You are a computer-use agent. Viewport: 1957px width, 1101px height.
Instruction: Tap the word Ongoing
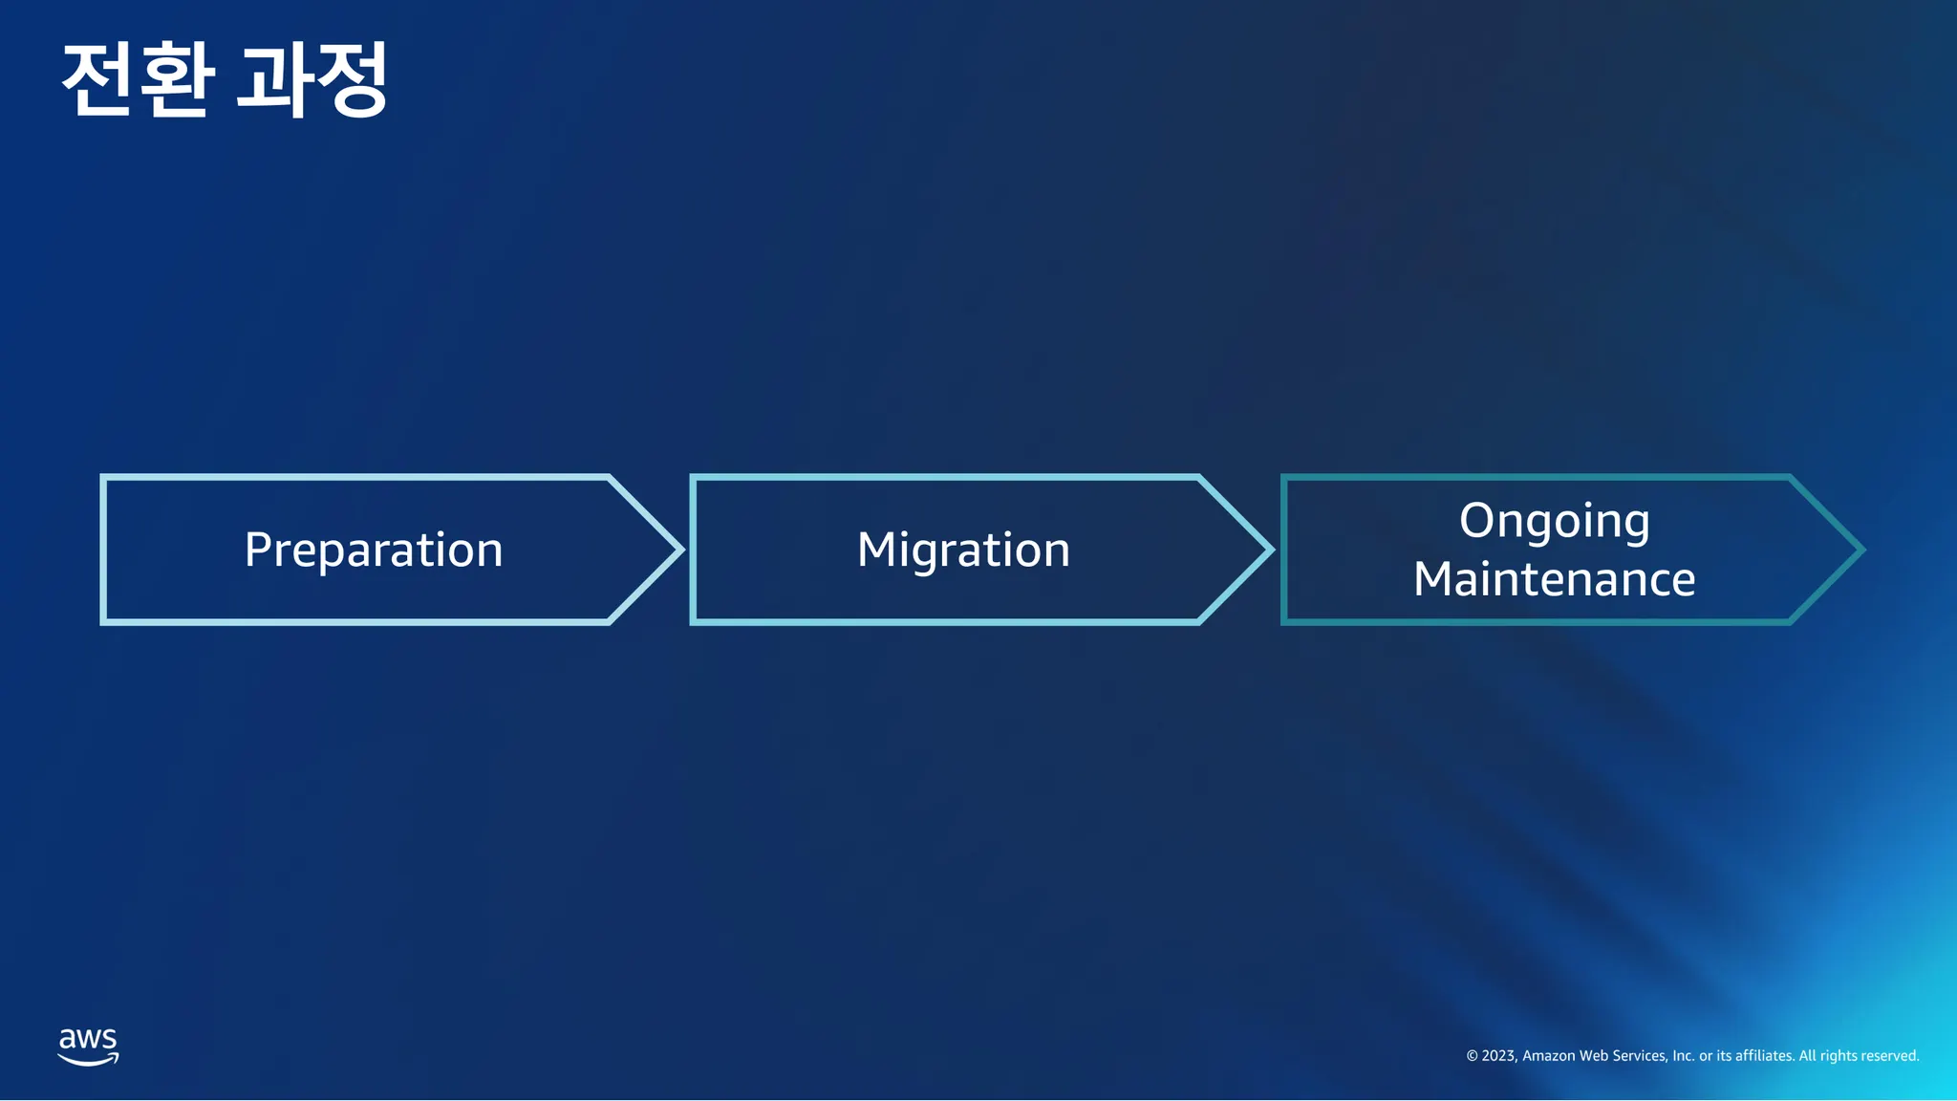coord(1555,522)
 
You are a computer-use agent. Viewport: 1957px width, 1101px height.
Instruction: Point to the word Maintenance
coord(1555,579)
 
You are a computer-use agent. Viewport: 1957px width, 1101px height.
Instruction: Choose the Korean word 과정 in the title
coord(312,79)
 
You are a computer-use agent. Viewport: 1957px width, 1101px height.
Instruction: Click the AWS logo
coord(88,1047)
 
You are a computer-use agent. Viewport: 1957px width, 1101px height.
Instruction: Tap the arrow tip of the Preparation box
coord(683,550)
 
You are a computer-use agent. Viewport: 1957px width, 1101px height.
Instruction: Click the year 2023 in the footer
coord(1499,1056)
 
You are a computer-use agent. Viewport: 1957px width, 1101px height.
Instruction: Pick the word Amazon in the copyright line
coord(1548,1056)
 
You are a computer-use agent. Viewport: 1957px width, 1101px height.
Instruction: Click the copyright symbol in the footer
coord(1472,1056)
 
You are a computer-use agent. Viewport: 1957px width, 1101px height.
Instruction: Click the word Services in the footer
coord(1640,1056)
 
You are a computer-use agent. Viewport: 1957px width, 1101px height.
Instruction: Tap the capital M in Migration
coord(876,550)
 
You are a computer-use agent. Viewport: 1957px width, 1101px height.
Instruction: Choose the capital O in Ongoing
coord(1477,520)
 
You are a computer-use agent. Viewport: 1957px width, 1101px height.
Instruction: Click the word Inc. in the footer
coord(1684,1056)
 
